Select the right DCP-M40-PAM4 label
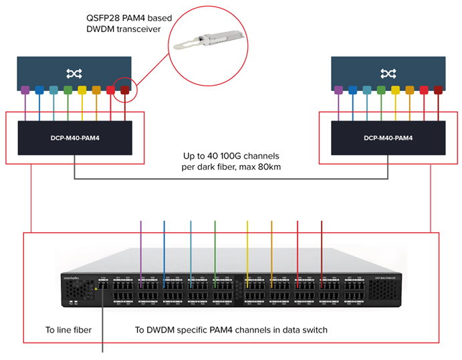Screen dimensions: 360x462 pyautogui.click(x=388, y=139)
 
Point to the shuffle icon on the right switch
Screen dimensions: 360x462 pyautogui.click(x=388, y=72)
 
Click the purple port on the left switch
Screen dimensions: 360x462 pyautogui.click(x=25, y=90)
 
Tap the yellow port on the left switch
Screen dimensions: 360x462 pyautogui.click(x=82, y=90)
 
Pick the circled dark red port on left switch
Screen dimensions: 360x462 pyautogui.click(x=124, y=90)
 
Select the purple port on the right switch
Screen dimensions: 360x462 pyautogui.click(x=338, y=90)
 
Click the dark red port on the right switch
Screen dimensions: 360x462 pyautogui.click(x=439, y=90)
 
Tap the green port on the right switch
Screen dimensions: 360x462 pyautogui.click(x=381, y=90)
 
